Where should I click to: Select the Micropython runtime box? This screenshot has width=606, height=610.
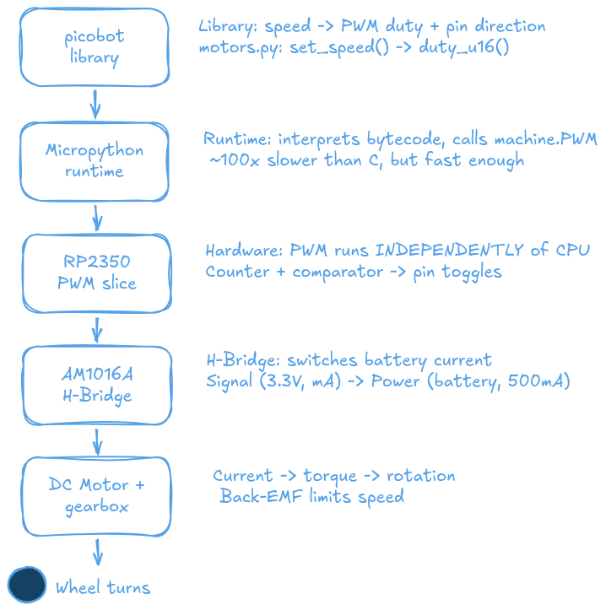95,160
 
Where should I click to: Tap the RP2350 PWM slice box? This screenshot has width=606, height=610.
95,273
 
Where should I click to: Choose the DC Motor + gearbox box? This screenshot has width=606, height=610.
95,497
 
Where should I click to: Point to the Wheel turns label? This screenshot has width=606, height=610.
103,587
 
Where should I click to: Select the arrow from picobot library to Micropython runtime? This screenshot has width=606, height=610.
95,105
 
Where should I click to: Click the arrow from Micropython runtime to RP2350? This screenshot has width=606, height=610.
96,217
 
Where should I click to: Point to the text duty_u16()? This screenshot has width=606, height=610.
464,47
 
